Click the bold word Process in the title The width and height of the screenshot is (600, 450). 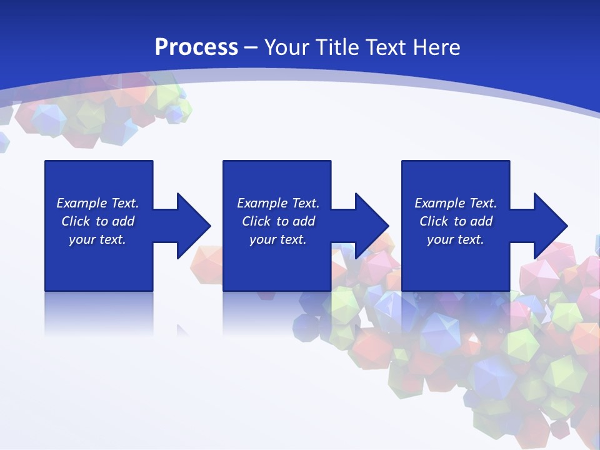196,47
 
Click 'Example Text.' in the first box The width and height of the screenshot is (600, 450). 97,203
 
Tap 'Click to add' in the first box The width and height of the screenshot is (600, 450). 97,221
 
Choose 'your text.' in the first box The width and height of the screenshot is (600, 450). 97,239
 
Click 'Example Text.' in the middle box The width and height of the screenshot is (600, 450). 278,203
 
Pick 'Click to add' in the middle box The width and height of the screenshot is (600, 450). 278,221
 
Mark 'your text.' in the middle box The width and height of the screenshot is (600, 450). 278,239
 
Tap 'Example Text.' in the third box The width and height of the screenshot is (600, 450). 456,203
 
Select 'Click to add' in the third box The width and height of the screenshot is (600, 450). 456,221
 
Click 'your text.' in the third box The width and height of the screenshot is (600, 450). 456,239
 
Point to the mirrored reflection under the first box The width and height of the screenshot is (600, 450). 99,312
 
